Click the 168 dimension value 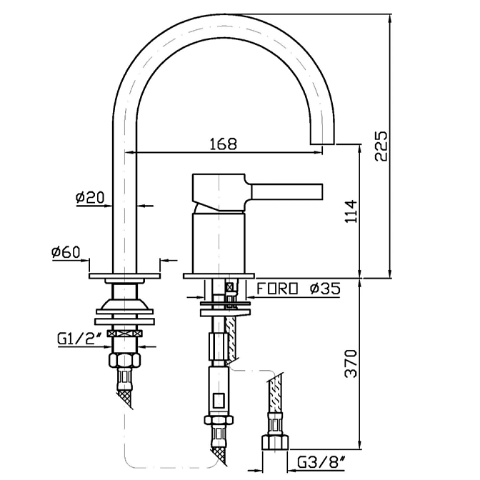click(223, 144)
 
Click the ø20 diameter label click(89, 196)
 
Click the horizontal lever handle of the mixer click(286, 191)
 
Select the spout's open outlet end click(325, 143)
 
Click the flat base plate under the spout click(125, 275)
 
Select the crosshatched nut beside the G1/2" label click(124, 333)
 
